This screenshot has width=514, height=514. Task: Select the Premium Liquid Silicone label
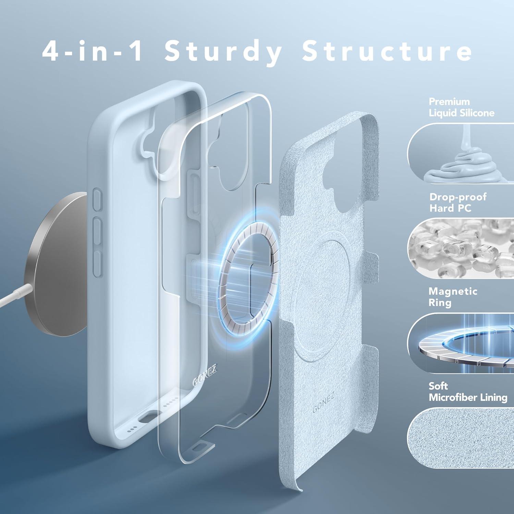[x=461, y=107]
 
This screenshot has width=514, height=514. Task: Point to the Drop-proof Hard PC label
[x=458, y=202]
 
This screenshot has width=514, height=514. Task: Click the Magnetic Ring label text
[x=452, y=297]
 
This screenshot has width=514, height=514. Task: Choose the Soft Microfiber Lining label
[x=467, y=392]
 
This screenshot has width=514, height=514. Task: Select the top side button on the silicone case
[x=98, y=199]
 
